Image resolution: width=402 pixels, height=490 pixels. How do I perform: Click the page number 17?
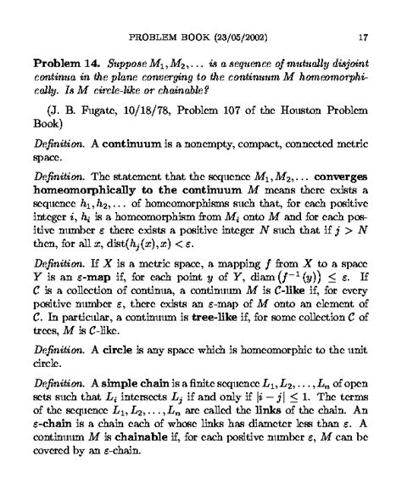[362, 37]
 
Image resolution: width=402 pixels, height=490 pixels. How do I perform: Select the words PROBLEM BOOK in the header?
[165, 37]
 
